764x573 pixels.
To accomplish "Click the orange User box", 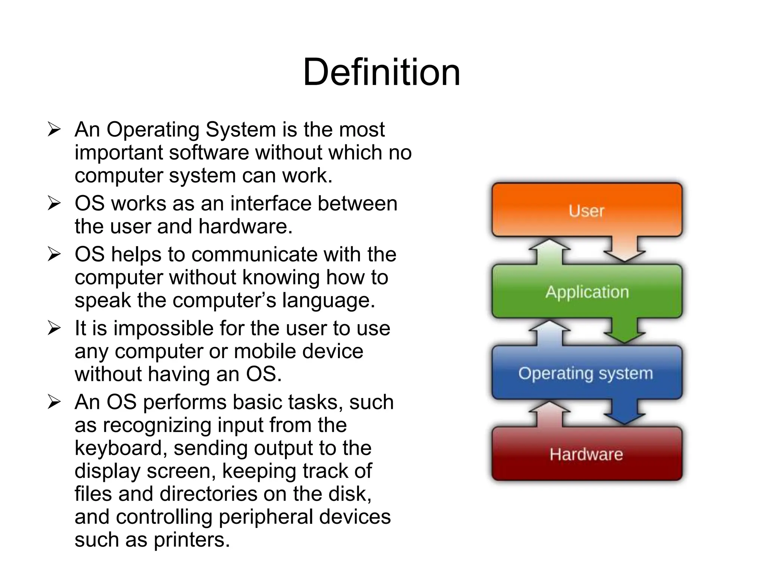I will point(586,210).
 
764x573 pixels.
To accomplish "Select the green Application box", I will point(586,291).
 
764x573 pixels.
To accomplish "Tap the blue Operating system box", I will point(586,373).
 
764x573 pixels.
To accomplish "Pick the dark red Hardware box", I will point(586,454).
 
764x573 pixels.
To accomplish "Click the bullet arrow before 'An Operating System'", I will point(54,129).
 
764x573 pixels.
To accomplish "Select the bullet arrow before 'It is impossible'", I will point(54,328).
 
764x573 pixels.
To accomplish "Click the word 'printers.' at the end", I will point(192,540).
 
